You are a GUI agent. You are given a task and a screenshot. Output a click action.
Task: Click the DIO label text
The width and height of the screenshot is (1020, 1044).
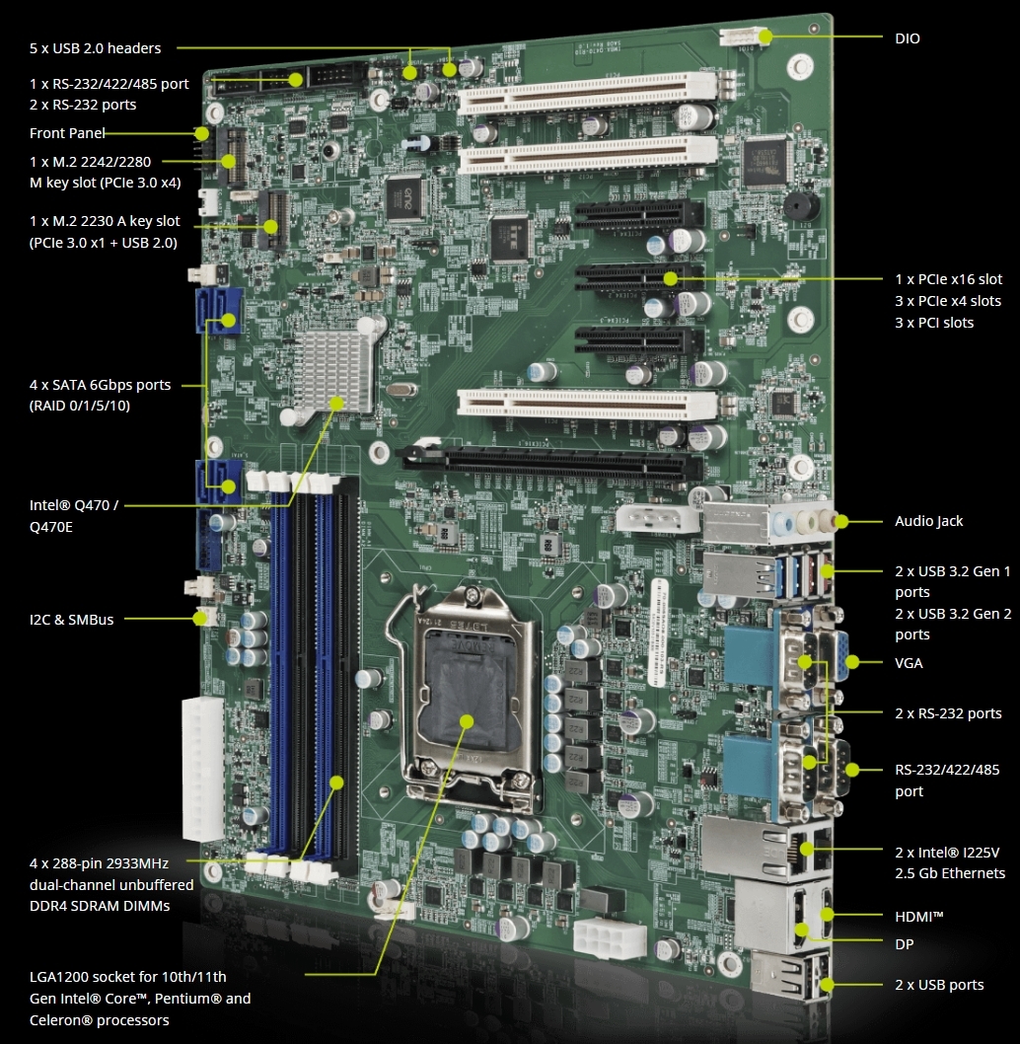907,38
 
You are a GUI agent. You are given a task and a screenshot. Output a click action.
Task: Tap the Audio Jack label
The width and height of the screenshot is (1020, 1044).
928,521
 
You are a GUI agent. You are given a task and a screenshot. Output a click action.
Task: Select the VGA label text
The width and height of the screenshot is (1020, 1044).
909,663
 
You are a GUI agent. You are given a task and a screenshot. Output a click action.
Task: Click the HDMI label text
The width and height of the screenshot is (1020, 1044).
918,917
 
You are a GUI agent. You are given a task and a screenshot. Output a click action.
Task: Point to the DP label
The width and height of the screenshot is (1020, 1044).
904,944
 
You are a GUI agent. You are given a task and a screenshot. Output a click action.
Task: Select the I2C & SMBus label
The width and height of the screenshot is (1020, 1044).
71,620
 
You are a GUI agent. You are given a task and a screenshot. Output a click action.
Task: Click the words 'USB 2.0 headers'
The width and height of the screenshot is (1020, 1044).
109,47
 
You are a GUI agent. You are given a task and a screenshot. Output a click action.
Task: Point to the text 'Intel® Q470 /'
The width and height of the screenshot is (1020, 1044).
74,505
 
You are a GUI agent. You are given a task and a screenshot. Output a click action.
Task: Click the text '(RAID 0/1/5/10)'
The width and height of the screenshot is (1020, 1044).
80,406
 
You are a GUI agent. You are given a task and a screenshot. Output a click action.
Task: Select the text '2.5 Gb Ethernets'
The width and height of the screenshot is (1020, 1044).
950,872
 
